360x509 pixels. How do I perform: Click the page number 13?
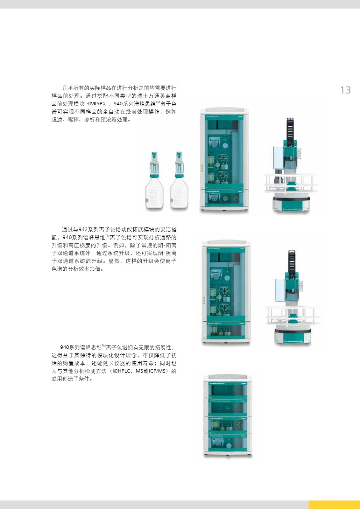[x=345, y=90]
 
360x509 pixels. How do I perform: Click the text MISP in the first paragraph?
[x=96, y=104]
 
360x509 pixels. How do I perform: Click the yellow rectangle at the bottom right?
[x=334, y=505]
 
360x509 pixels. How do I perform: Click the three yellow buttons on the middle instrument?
[x=204, y=301]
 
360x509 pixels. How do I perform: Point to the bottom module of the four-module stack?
[x=228, y=444]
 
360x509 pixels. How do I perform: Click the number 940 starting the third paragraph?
[x=65, y=347]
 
